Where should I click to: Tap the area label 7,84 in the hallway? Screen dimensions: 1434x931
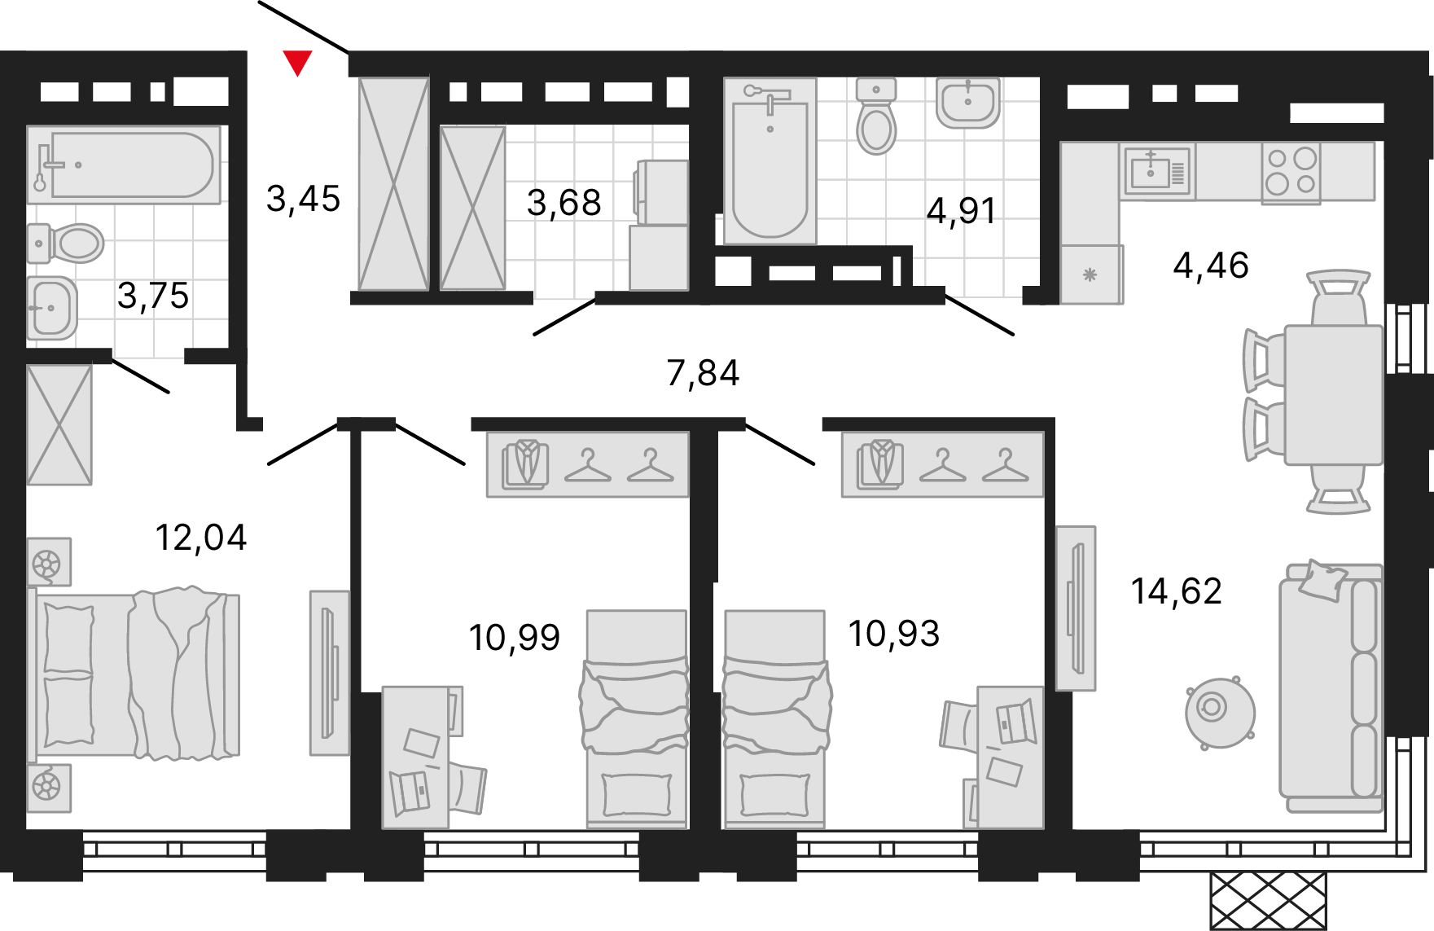(703, 373)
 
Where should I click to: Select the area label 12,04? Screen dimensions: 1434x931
(200, 538)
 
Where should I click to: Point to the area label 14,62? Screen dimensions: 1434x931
(1177, 591)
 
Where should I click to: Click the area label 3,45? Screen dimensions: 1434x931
(303, 199)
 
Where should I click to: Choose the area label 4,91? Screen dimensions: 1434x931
(961, 211)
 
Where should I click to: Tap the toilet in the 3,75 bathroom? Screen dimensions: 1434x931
(67, 243)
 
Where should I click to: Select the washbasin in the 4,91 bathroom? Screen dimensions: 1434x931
(967, 103)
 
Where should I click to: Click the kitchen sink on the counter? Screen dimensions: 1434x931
(1157, 171)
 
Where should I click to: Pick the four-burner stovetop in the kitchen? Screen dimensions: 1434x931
(1291, 173)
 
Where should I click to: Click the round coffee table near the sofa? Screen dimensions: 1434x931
(1219, 711)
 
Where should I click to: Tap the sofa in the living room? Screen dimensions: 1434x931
(1331, 687)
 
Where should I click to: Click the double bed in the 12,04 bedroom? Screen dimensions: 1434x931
(134, 674)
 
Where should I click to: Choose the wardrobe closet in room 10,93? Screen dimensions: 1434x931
(943, 463)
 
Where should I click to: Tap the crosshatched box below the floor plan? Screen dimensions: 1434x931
(1268, 901)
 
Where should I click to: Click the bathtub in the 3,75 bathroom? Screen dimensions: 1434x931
(124, 165)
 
